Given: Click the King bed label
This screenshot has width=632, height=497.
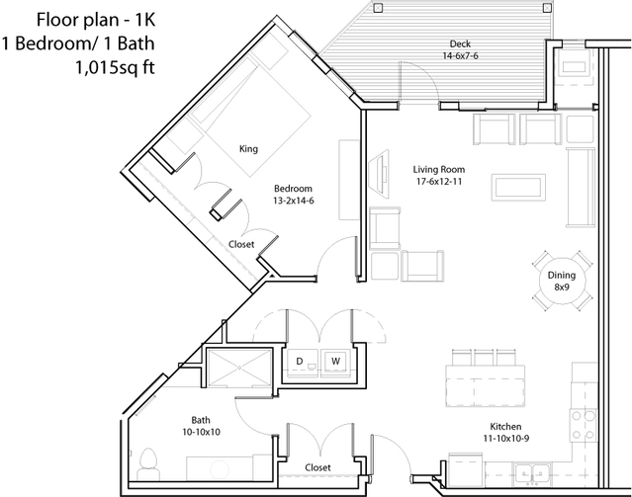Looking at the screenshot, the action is click(x=248, y=148).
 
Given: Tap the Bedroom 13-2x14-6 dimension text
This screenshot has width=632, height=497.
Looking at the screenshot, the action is click(x=293, y=201).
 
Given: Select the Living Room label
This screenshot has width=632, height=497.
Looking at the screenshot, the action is click(x=439, y=169).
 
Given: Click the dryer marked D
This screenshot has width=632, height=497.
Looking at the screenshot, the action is click(x=303, y=362).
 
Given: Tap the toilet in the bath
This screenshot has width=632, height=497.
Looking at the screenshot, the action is click(x=148, y=464).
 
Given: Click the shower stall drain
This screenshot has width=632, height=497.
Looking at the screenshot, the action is click(x=239, y=367).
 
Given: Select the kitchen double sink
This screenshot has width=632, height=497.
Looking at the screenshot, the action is click(x=532, y=473).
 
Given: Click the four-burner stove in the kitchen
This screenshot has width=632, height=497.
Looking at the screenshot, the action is click(x=584, y=425).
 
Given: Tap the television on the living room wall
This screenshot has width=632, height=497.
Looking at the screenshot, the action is click(x=380, y=173).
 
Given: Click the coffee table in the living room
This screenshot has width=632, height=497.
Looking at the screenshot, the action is click(x=518, y=188).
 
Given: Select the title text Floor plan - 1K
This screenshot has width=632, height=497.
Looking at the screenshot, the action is click(x=96, y=20).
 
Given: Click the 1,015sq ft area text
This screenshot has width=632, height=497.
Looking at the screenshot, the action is click(x=116, y=67).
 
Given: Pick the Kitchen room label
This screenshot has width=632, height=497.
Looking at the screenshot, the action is click(x=505, y=426).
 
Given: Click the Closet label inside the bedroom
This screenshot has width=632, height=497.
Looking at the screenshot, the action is click(x=241, y=244).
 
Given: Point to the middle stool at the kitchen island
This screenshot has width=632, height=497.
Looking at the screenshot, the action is click(x=486, y=358).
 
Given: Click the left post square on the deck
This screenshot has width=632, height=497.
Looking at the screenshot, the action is click(x=378, y=8).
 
